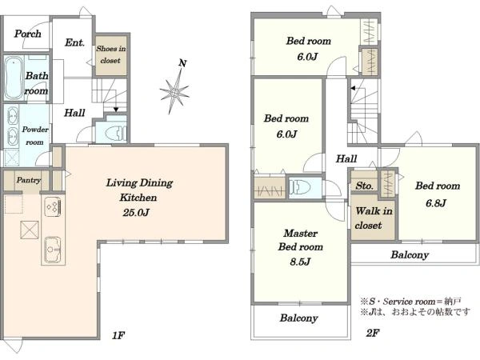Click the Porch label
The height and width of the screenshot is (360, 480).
click(27, 34)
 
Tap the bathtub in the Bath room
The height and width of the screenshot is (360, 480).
click(14, 78)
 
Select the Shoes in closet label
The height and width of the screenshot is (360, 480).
click(111, 54)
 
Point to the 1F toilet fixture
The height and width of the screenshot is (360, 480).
click(115, 133)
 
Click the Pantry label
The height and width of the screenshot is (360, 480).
click(29, 180)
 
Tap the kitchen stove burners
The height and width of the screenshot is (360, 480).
click(53, 206)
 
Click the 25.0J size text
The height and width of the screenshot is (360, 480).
click(136, 212)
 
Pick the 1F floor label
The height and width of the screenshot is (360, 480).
click(118, 335)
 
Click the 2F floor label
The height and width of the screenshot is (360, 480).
click(373, 333)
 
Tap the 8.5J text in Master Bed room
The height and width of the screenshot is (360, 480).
click(300, 262)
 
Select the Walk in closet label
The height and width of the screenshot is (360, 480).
click(374, 218)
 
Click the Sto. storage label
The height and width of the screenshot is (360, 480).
click(364, 186)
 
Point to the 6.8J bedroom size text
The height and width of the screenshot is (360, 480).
click(436, 202)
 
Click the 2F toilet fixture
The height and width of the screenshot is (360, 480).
click(300, 186)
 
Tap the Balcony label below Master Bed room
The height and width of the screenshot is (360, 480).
click(298, 318)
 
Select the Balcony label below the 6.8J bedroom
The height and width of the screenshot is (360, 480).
click(410, 254)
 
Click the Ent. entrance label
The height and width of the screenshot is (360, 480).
click(74, 42)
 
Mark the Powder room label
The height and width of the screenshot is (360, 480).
click(35, 136)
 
